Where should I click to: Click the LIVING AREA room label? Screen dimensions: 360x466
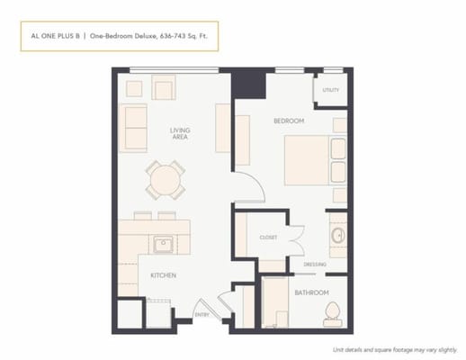[x=180, y=135]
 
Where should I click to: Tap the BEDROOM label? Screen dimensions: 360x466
[x=289, y=121]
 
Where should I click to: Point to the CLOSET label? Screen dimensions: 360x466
[x=268, y=238]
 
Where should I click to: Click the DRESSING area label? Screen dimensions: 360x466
[x=314, y=264]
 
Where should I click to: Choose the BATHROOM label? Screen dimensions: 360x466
[x=310, y=292]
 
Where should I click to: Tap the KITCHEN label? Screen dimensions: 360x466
[x=163, y=274]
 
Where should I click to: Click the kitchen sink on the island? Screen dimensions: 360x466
[x=164, y=243]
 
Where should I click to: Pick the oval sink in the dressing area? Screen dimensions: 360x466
[x=337, y=237]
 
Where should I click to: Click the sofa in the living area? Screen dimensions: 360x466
[x=134, y=127]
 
